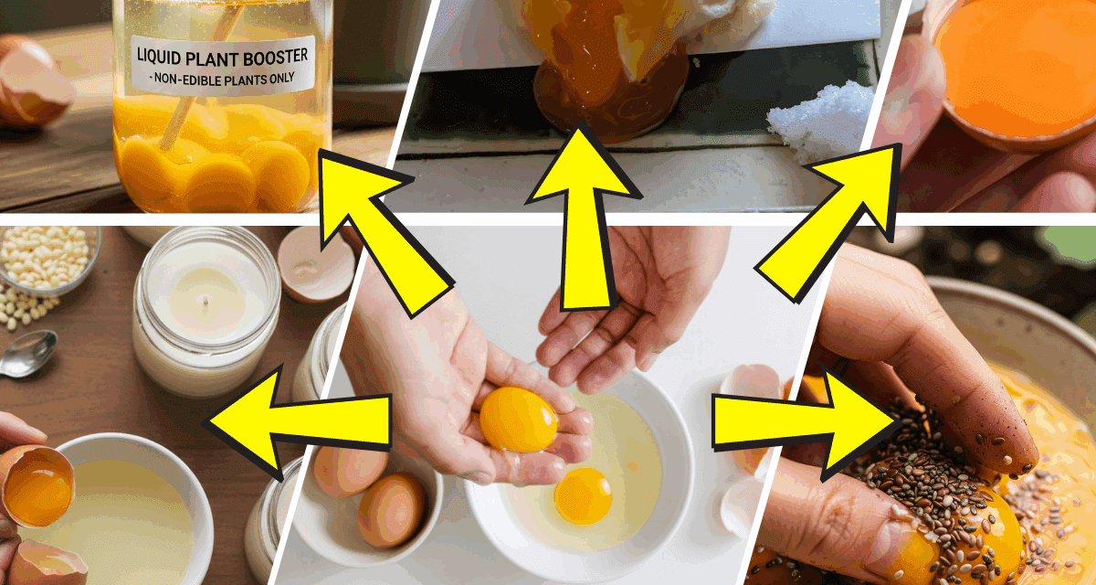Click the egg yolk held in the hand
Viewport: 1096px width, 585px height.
pos(518,419)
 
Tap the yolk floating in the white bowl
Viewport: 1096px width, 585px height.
pos(583,495)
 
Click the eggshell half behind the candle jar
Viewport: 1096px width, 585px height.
pos(315,265)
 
